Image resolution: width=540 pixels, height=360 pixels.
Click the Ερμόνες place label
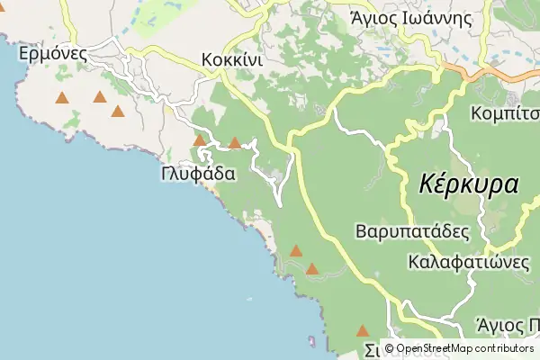tap(52, 53)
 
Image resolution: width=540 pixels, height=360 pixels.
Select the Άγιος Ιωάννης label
tap(412, 17)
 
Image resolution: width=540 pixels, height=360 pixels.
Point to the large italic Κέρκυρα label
tap(469, 185)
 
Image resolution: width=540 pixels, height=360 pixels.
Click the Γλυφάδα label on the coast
tap(199, 173)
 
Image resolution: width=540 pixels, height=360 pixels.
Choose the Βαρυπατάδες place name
tap(412, 231)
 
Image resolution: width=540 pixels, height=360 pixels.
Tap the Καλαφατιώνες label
tap(467, 263)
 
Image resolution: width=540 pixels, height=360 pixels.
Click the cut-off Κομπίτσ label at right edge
tap(505, 114)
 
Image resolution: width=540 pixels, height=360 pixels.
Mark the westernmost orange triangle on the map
tap(62, 98)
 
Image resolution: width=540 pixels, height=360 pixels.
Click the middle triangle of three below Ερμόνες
tap(99, 96)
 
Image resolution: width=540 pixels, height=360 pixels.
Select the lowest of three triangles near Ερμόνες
tap(118, 112)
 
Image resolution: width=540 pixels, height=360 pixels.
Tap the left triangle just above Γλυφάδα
tap(199, 140)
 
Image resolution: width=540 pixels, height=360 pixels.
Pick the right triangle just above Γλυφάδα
tap(235, 142)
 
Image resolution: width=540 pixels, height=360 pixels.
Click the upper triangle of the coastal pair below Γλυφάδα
tap(296, 251)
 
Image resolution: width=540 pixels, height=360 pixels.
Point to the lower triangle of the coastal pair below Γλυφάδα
tap(312, 268)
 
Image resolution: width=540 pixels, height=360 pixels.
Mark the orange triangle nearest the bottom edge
tap(363, 331)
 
